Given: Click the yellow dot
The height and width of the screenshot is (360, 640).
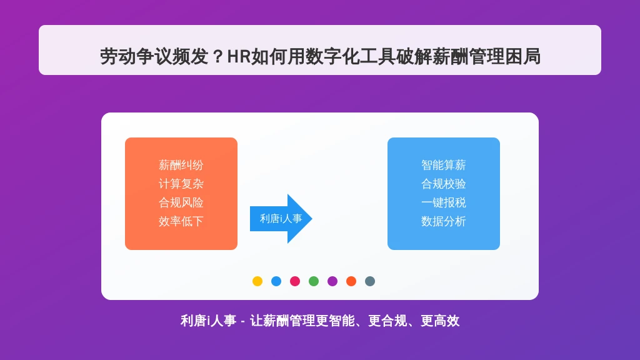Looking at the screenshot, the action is [257, 281].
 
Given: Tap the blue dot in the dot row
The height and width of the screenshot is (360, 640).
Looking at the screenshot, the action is [276, 281].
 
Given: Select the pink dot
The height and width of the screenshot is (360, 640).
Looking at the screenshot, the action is [295, 281].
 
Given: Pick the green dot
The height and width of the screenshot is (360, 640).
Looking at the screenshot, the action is [314, 281].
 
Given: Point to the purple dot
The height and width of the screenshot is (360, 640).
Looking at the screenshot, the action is [332, 281].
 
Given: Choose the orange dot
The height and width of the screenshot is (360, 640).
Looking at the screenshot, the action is [351, 281].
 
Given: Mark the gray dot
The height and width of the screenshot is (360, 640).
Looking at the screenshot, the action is [370, 281].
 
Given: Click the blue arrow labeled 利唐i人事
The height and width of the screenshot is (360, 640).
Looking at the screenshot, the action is [281, 219].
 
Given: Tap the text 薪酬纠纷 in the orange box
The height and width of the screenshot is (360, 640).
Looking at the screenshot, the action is [181, 165].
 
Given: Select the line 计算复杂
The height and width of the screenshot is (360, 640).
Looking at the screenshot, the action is [181, 184].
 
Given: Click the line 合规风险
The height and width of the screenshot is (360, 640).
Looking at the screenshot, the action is [181, 203].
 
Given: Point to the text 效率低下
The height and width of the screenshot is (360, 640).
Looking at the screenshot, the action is [181, 222].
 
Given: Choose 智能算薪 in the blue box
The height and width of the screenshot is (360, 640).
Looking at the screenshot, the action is [443, 165].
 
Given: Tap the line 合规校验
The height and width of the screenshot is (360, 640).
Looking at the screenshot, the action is [443, 184].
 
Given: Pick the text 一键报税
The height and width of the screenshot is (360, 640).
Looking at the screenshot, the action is [443, 203].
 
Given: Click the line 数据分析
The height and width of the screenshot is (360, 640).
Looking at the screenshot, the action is [443, 222].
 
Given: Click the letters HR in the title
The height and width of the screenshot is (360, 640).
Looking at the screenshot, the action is [239, 57].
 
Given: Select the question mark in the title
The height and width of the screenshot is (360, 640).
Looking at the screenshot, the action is [218, 57].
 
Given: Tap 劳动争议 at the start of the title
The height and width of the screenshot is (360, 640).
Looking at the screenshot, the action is [136, 56].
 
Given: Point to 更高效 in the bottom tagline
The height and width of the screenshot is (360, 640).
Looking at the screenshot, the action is [440, 321].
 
